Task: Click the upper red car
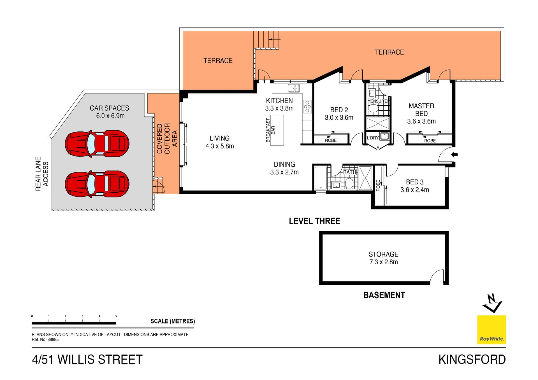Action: point(97,144)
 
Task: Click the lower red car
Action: point(97,184)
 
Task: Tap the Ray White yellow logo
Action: point(491,330)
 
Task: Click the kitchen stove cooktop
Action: point(307,107)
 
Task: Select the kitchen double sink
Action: point(294,88)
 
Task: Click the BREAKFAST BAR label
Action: point(270,130)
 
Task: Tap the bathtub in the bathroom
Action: point(321,178)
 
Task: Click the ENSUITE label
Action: point(379,101)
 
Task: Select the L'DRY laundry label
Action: point(373,138)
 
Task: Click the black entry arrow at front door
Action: point(454,154)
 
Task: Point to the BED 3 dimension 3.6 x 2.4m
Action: point(414,190)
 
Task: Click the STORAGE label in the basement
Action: point(383,254)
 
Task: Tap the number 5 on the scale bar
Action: point(116,316)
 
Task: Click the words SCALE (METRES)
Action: point(173,321)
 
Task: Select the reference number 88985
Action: point(53,340)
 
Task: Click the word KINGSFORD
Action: point(472,360)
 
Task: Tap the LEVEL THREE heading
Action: point(314,221)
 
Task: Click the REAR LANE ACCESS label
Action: point(42,174)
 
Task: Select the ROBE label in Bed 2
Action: point(331,140)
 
